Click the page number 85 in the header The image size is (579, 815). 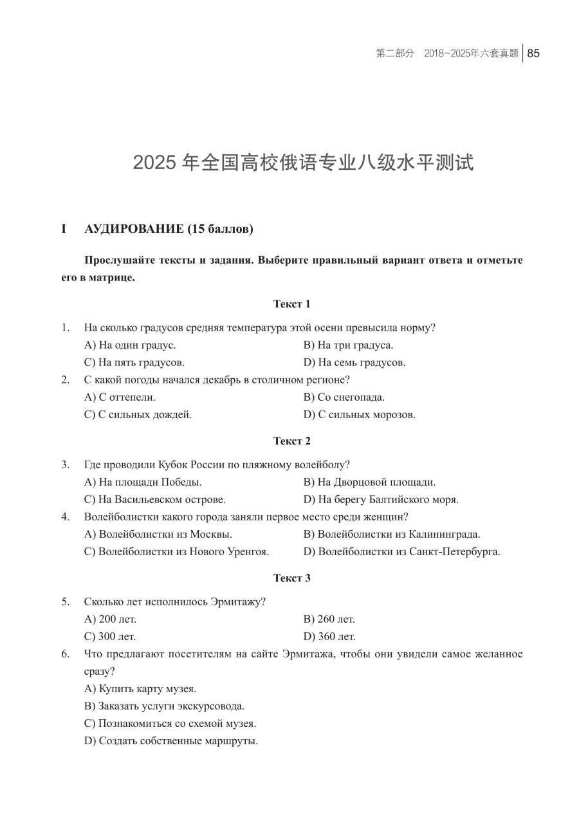pyautogui.click(x=533, y=53)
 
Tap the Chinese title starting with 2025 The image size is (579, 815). pyautogui.click(x=303, y=163)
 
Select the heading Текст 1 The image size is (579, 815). pyautogui.click(x=291, y=304)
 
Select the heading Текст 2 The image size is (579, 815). pyautogui.click(x=291, y=441)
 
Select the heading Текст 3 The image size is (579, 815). pyautogui.click(x=291, y=578)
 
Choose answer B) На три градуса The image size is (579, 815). pyautogui.click(x=348, y=345)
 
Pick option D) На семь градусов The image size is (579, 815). pyautogui.click(x=354, y=362)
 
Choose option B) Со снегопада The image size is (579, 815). pyautogui.click(x=344, y=397)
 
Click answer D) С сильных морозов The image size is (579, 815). pyautogui.click(x=359, y=414)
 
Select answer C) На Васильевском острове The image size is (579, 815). pyautogui.click(x=154, y=499)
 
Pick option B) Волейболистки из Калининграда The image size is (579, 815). pyautogui.click(x=391, y=534)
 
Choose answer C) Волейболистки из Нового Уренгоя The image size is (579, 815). pyautogui.click(x=176, y=551)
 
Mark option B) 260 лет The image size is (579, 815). pyautogui.click(x=329, y=619)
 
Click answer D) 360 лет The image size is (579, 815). pyautogui.click(x=329, y=637)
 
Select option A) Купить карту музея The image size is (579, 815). pyautogui.click(x=140, y=689)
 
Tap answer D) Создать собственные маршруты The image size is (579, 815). pyautogui.click(x=171, y=741)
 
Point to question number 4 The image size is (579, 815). pyautogui.click(x=65, y=517)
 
